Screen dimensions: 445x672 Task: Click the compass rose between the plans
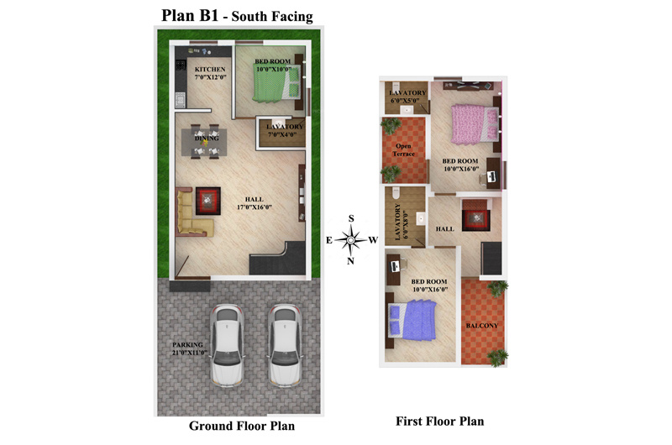pyautogui.click(x=351, y=240)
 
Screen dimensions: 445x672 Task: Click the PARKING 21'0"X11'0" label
pyautogui.click(x=189, y=349)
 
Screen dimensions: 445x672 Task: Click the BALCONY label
pyautogui.click(x=482, y=326)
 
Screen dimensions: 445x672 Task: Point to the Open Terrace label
pyautogui.click(x=404, y=149)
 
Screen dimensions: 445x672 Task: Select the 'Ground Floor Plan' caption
pyautogui.click(x=241, y=427)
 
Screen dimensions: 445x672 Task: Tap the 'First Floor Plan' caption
pyautogui.click(x=439, y=421)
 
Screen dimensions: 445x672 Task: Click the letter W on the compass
pyautogui.click(x=373, y=240)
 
